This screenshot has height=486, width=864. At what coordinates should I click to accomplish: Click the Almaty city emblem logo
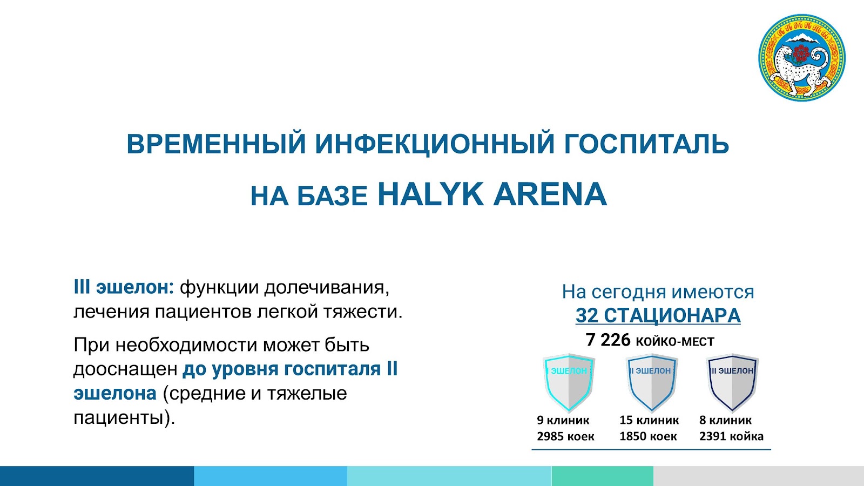pyautogui.click(x=802, y=58)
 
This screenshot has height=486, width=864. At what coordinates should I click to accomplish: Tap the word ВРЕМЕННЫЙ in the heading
pyautogui.click(x=217, y=144)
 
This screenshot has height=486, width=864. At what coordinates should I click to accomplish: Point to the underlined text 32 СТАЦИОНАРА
pyautogui.click(x=658, y=315)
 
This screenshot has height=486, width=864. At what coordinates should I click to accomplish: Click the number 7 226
pyautogui.click(x=608, y=340)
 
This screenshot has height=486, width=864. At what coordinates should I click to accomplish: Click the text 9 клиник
pyautogui.click(x=563, y=420)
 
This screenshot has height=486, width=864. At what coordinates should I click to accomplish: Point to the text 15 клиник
pyautogui.click(x=649, y=420)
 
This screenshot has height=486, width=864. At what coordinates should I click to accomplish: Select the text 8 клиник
pyautogui.click(x=726, y=420)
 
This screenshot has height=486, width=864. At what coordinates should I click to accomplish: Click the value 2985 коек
pyautogui.click(x=565, y=436)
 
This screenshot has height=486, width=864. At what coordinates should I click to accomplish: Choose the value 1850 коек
pyautogui.click(x=648, y=436)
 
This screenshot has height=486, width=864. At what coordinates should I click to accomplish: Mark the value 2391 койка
pyautogui.click(x=731, y=436)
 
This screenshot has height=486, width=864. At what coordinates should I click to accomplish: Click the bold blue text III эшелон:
pyautogui.click(x=124, y=288)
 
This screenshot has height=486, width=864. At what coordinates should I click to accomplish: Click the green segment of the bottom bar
pyautogui.click(x=603, y=476)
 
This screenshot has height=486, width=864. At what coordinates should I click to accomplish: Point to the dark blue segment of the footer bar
pyautogui.click(x=97, y=476)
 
